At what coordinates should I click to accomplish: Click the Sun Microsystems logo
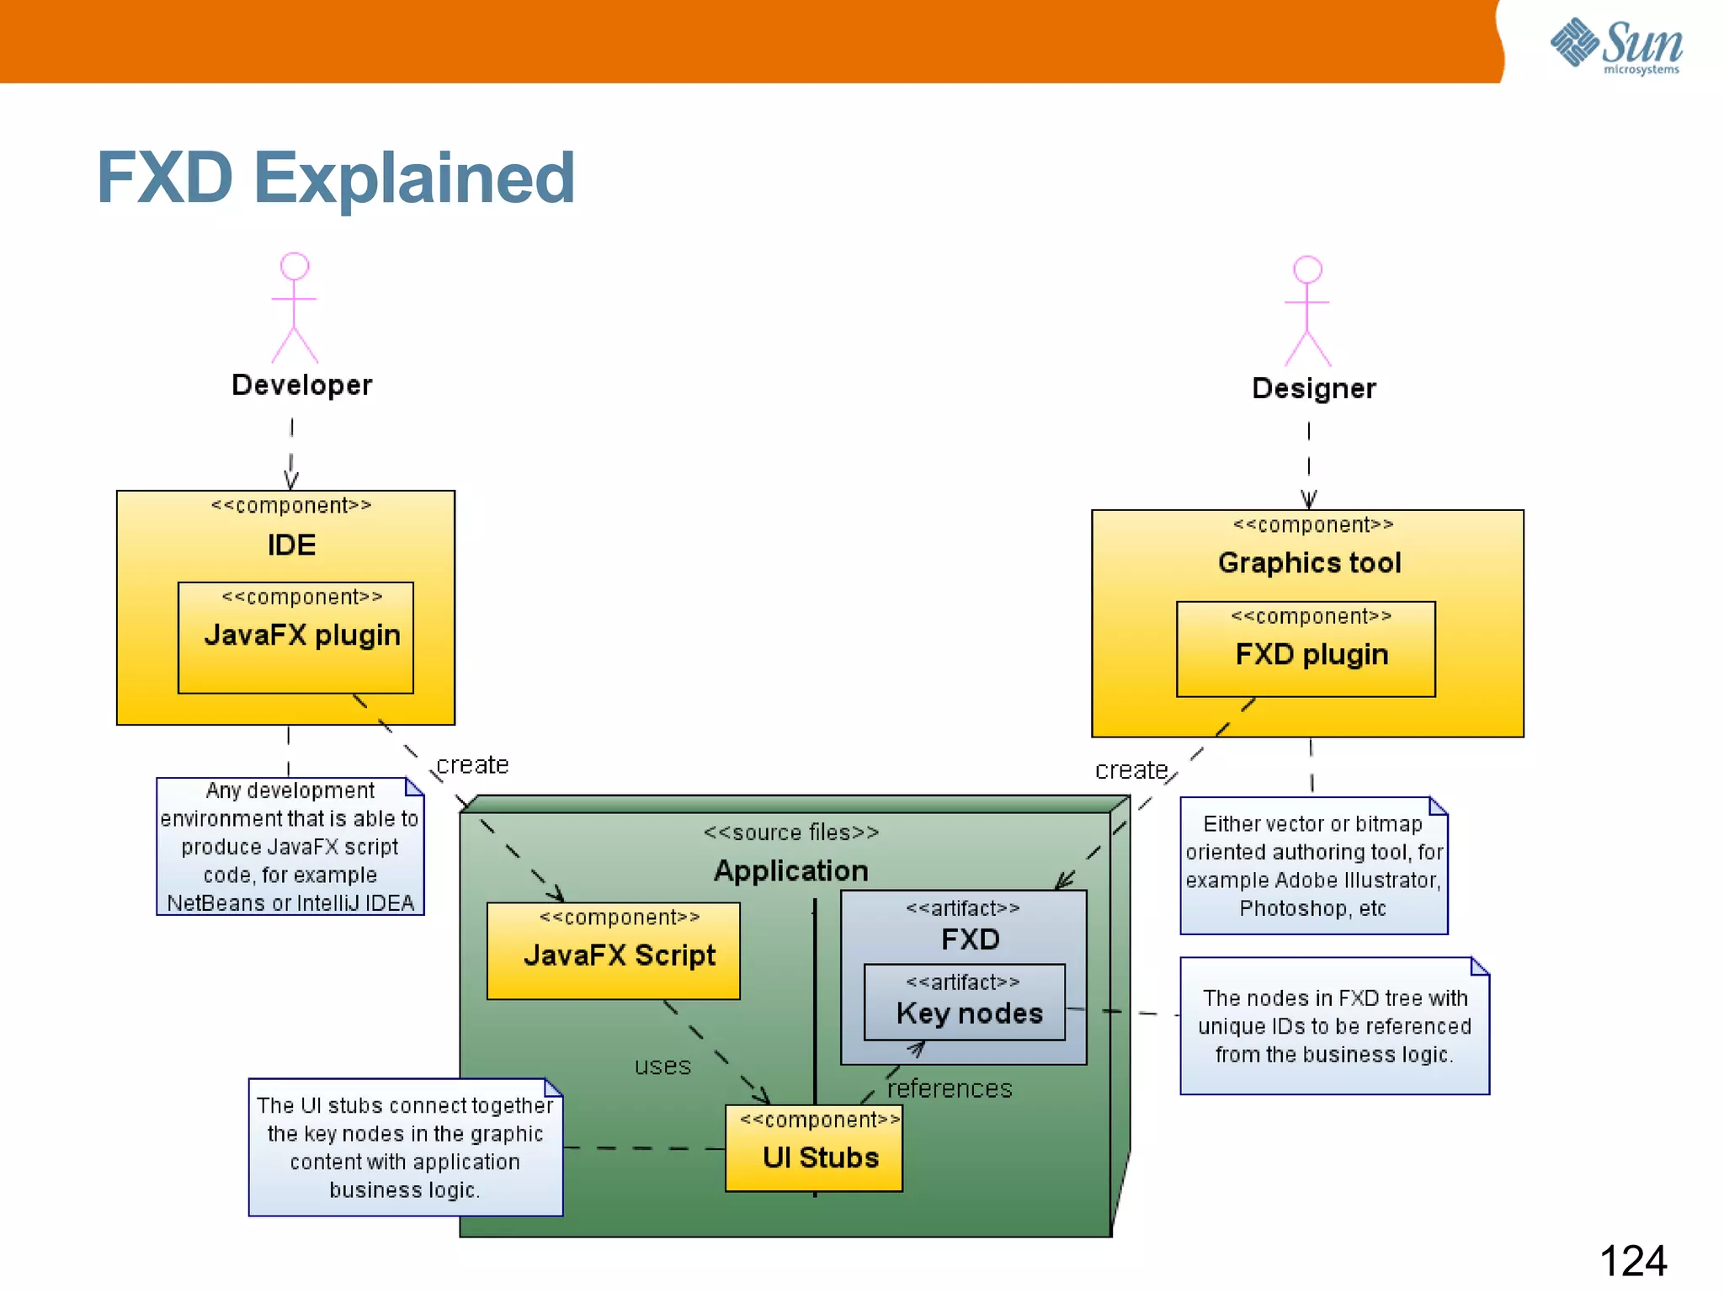coord(1615,46)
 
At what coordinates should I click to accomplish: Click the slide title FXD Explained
coord(335,178)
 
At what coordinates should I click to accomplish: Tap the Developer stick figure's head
coord(294,266)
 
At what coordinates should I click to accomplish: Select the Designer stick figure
coord(1307,311)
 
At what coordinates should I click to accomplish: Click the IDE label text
coord(291,545)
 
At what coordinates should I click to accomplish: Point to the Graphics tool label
coord(1309,562)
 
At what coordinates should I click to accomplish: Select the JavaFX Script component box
coord(614,951)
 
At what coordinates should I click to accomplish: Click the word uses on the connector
coord(662,1066)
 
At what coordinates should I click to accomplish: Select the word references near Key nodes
coord(950,1088)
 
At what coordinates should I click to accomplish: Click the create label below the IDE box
coord(472,764)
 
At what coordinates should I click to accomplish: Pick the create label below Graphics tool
coord(1131,770)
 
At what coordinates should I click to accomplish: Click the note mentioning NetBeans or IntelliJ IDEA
coord(290,846)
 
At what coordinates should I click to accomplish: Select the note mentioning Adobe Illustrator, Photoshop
coord(1313,865)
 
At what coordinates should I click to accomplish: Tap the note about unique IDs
coord(1334,1025)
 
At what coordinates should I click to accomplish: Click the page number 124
coord(1632,1260)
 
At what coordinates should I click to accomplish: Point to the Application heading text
coord(790,870)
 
